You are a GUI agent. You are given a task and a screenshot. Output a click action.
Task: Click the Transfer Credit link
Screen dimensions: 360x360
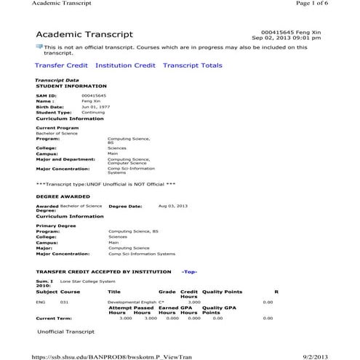point(61,65)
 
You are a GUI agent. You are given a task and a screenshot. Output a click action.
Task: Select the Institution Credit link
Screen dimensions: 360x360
point(125,65)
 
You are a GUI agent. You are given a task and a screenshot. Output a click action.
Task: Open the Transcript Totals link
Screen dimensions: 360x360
point(192,65)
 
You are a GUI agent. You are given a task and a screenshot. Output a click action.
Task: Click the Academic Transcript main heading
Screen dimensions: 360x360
point(84,35)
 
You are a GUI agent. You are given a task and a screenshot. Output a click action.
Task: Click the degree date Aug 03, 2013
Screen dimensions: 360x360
point(172,206)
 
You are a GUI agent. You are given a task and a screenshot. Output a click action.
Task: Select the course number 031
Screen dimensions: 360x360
point(64,301)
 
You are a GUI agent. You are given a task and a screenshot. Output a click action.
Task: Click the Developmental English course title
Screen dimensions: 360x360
point(131,301)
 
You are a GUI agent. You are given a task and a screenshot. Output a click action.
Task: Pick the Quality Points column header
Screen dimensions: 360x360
point(222,291)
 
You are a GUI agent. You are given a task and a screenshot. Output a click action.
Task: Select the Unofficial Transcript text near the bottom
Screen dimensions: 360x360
point(65,332)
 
